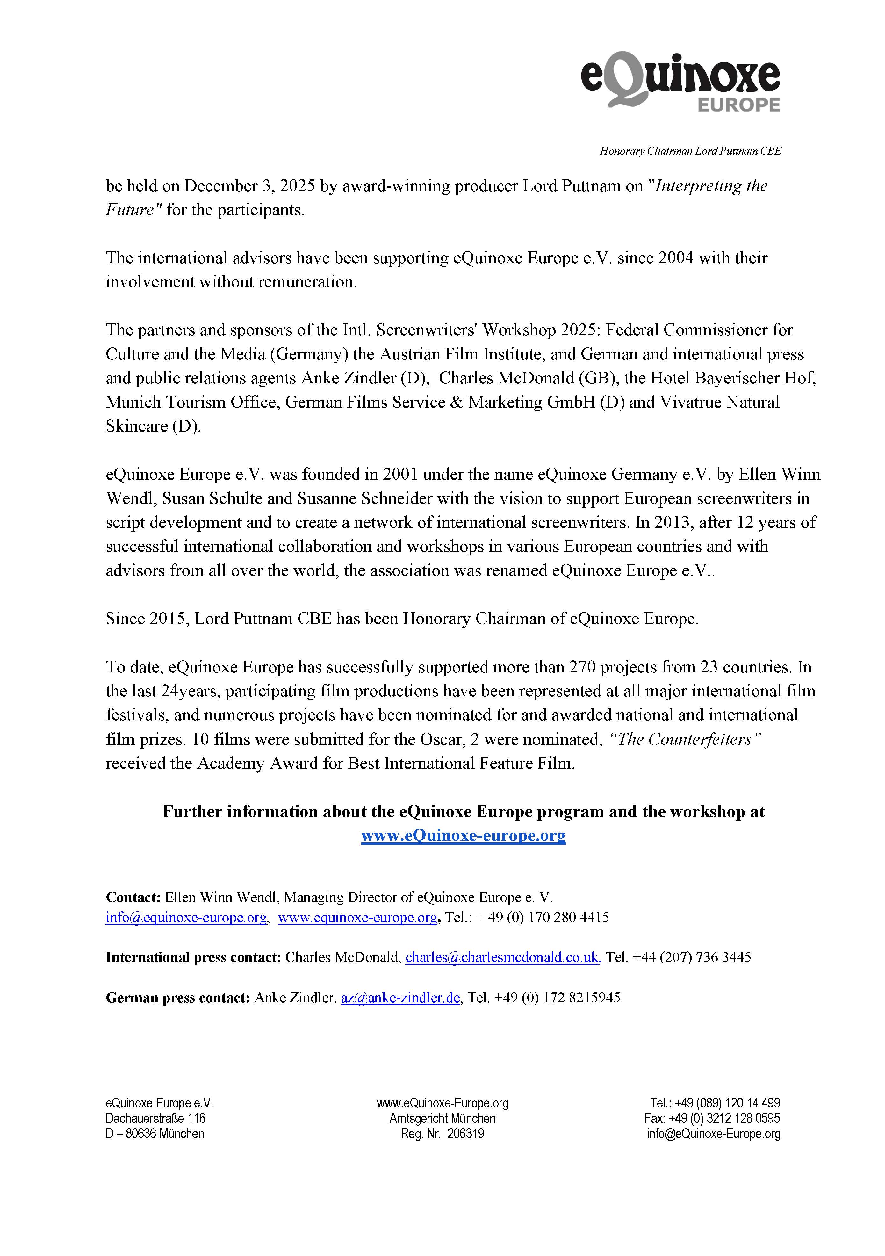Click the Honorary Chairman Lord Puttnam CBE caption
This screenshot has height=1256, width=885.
point(690,151)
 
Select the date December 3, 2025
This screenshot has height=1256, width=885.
point(249,186)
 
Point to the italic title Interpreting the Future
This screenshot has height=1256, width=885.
point(711,186)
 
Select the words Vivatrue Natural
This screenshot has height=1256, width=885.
point(719,402)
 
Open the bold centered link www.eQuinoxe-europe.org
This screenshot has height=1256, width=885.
point(463,835)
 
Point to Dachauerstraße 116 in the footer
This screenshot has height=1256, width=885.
point(155,1118)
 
